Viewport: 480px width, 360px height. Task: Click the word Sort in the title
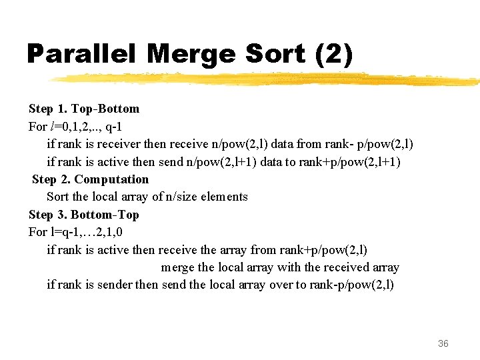[x=271, y=53]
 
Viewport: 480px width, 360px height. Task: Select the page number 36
[x=443, y=343]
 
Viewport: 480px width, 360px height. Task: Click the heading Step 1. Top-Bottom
[x=84, y=109]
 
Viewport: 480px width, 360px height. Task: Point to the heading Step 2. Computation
[x=90, y=179]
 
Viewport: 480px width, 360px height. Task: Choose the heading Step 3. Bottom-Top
[x=84, y=215]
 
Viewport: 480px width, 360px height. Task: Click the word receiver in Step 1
[x=120, y=144]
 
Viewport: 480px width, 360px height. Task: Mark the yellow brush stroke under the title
[x=267, y=79]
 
